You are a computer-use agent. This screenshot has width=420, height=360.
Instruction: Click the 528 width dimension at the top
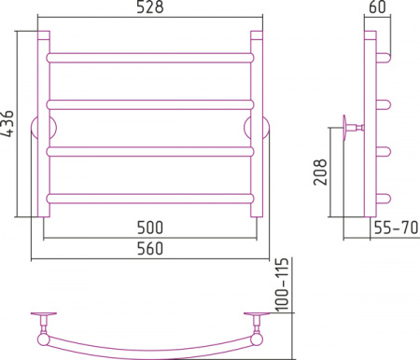(x=150, y=7)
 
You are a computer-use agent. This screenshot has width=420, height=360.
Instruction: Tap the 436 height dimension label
(x=7, y=123)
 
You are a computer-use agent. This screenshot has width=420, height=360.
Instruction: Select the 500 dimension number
(x=150, y=228)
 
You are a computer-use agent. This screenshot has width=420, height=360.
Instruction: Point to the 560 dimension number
(x=150, y=248)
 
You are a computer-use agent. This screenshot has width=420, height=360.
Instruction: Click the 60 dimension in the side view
(x=377, y=7)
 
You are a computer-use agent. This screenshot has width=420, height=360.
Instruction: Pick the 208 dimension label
(x=320, y=173)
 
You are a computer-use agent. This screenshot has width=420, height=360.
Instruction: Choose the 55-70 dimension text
(x=396, y=228)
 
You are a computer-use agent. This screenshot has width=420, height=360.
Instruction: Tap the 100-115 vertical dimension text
(x=283, y=284)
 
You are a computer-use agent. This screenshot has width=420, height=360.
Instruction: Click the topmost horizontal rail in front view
(x=150, y=58)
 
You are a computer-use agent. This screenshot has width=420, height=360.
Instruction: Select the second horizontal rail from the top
(x=150, y=104)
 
